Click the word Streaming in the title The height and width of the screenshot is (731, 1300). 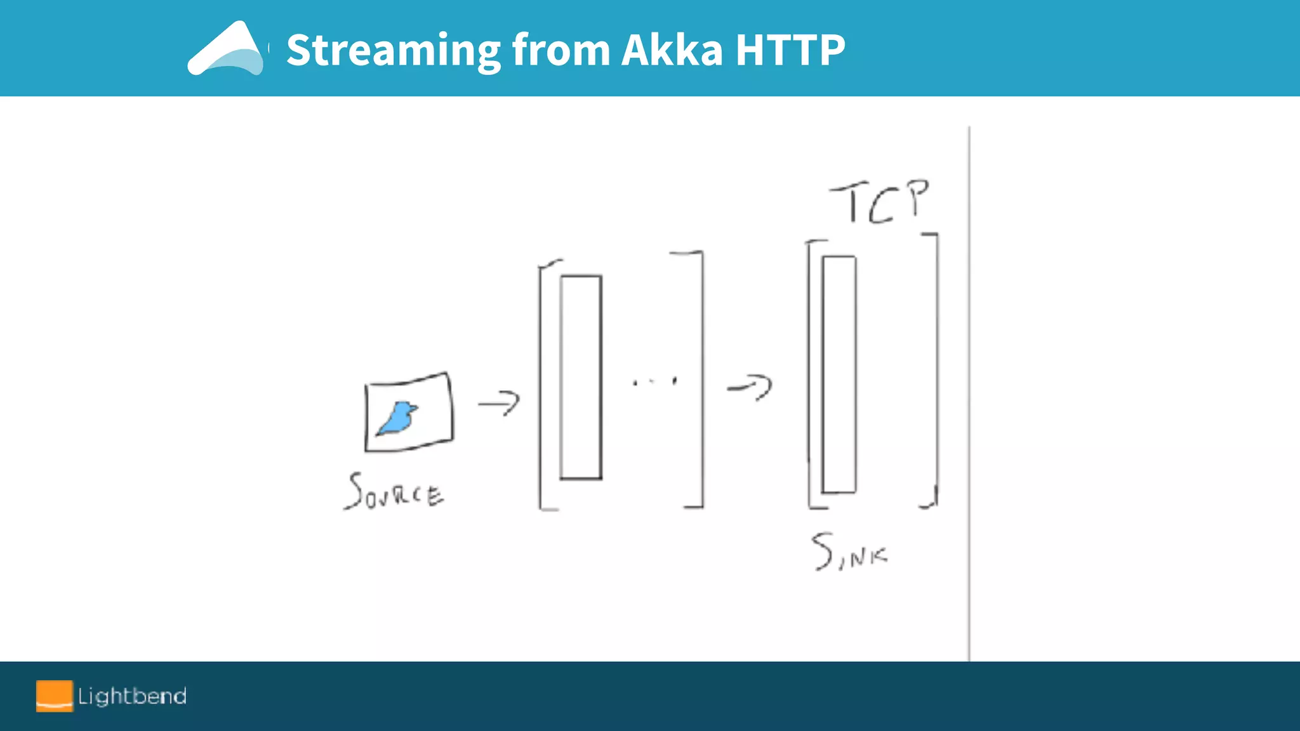pyautogui.click(x=394, y=51)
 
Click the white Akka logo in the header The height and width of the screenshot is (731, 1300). pyautogui.click(x=226, y=49)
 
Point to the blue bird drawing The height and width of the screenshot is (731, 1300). pyautogui.click(x=398, y=419)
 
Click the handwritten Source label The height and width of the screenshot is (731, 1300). pyautogui.click(x=394, y=492)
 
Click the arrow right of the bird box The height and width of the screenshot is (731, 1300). pyautogui.click(x=500, y=403)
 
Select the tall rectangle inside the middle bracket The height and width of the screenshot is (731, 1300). pyautogui.click(x=581, y=378)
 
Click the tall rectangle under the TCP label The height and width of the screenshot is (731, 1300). pyautogui.click(x=839, y=374)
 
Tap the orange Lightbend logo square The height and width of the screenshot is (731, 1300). pyautogui.click(x=54, y=696)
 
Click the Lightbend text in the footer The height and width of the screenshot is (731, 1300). pyautogui.click(x=132, y=697)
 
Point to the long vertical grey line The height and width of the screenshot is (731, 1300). pyautogui.click(x=969, y=393)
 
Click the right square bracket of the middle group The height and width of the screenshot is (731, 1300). pyautogui.click(x=701, y=381)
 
